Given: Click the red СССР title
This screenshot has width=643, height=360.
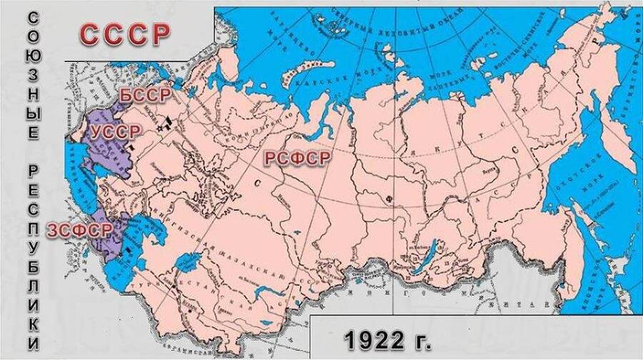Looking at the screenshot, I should click(125, 34).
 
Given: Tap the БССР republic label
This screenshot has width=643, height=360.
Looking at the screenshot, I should click(144, 96).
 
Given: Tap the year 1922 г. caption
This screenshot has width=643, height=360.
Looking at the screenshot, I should click(389, 337).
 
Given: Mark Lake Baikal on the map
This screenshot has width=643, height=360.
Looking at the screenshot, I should click(422, 265).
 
